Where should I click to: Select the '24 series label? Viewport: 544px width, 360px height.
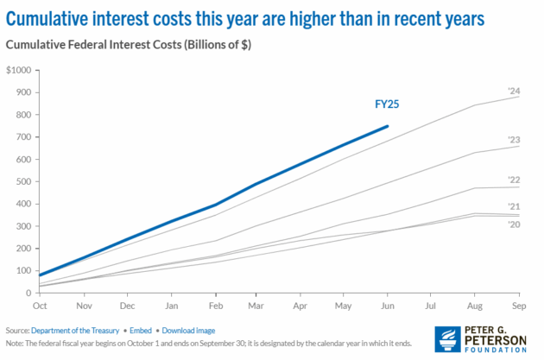click(x=513, y=91)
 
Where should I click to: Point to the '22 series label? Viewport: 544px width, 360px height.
click(x=513, y=180)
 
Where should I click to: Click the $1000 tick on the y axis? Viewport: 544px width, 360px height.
click(x=17, y=70)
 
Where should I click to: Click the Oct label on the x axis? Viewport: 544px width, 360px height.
click(x=40, y=306)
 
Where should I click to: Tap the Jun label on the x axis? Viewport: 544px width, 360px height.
click(x=388, y=306)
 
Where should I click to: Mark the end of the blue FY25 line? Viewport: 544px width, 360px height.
click(x=388, y=126)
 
